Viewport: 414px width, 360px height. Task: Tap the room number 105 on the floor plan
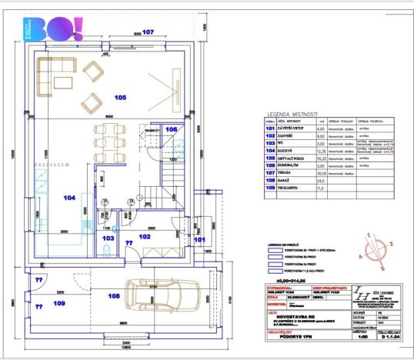(120, 98)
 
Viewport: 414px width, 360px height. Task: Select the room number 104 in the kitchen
(70, 198)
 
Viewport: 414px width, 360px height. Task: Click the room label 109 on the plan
(59, 303)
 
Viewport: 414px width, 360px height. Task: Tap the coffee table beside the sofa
(94, 73)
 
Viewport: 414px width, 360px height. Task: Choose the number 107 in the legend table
(270, 173)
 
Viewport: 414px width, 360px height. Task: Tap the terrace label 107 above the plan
(148, 32)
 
